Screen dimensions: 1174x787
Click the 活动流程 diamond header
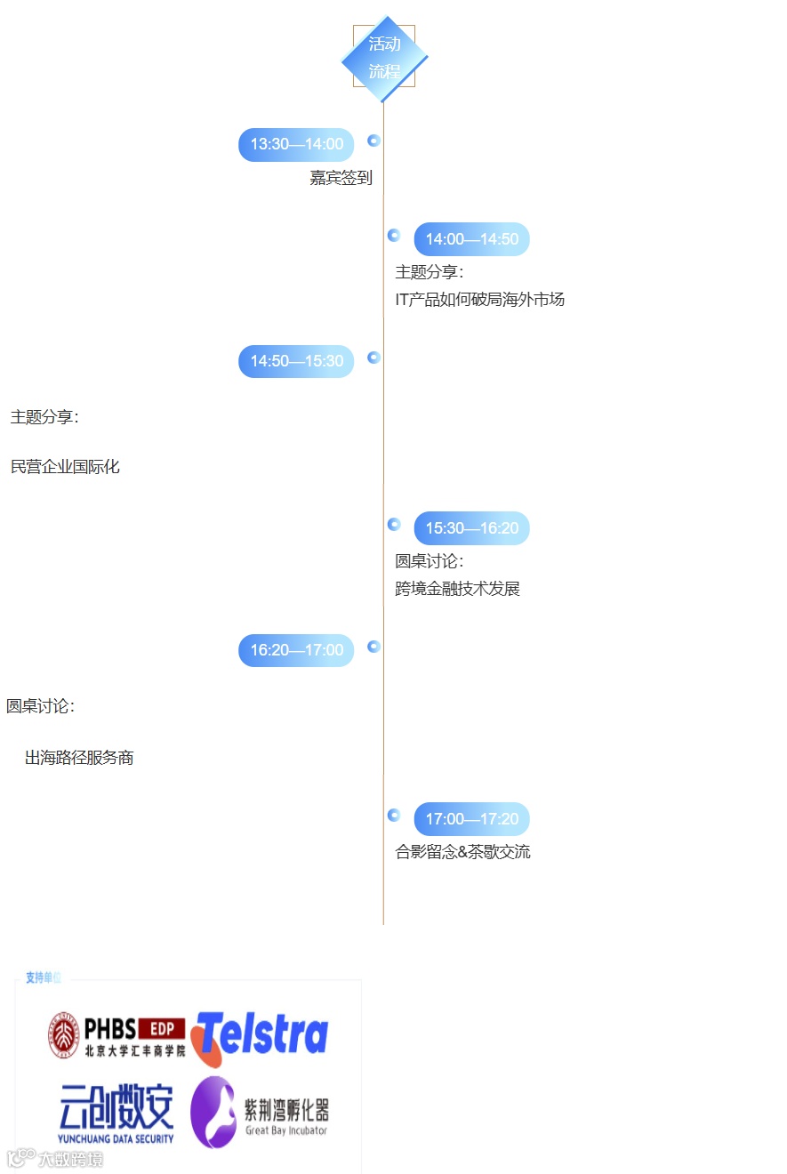click(384, 58)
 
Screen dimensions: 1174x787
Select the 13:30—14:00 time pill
click(296, 145)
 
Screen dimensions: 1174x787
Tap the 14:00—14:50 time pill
click(471, 239)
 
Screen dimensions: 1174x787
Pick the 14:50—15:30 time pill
click(296, 361)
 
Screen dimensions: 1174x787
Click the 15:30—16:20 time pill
click(471, 528)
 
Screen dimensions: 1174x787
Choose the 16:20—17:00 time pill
click(296, 650)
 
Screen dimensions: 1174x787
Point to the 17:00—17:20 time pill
click(471, 819)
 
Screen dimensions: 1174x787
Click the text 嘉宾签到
click(341, 178)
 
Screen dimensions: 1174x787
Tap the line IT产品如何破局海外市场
click(479, 300)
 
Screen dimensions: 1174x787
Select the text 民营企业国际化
click(65, 466)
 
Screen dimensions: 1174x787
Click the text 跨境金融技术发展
click(457, 589)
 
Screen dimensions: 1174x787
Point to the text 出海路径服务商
click(79, 759)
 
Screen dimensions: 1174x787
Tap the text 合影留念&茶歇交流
click(462, 852)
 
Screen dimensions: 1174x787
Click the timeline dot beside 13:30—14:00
click(374, 141)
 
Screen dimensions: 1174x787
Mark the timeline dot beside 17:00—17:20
click(394, 815)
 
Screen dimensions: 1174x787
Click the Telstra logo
click(259, 1037)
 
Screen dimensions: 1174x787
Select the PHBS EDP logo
click(116, 1036)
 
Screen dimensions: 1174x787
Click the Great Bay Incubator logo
click(260, 1112)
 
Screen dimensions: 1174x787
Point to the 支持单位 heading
click(43, 977)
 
